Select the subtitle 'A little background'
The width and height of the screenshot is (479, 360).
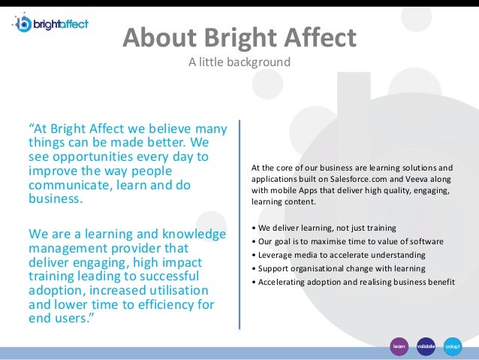click(x=239, y=62)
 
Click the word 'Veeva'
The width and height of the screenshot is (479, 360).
click(x=420, y=179)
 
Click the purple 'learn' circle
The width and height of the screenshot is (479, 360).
click(x=399, y=346)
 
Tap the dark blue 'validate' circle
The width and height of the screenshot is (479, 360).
click(x=426, y=346)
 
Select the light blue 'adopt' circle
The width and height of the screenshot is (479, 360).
click(x=453, y=346)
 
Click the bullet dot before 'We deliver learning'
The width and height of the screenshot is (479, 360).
click(x=255, y=228)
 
